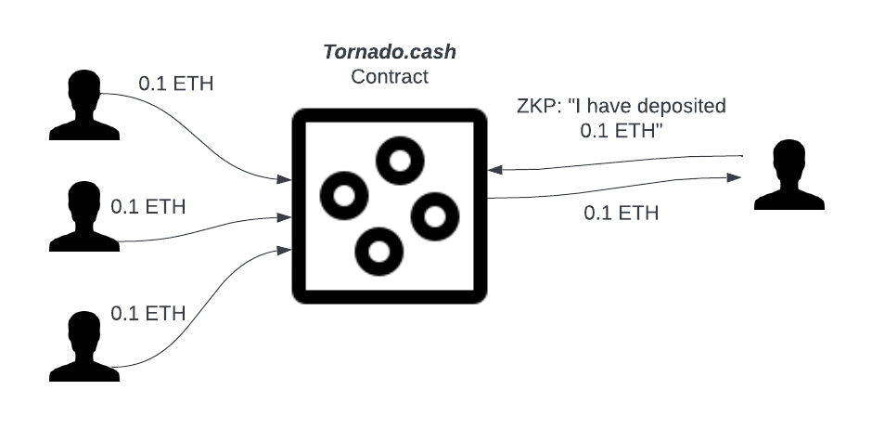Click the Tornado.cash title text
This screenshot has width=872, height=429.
tap(390, 52)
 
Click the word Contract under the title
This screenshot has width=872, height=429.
tap(390, 76)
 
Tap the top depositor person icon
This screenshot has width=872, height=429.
tap(84, 105)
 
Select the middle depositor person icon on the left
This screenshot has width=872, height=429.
tap(84, 215)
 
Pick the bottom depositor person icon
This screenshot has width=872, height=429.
tap(84, 346)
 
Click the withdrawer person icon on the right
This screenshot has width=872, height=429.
tap(789, 175)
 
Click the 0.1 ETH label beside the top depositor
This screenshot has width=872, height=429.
tap(175, 84)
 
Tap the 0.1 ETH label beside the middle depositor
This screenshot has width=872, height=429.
tap(147, 206)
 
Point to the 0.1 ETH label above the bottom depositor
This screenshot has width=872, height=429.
tap(147, 313)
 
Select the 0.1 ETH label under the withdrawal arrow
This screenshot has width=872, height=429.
tap(622, 213)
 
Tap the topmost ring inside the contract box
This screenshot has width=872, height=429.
tap(400, 161)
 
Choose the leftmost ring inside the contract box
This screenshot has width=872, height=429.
tap(344, 196)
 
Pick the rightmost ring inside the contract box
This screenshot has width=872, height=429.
tap(435, 216)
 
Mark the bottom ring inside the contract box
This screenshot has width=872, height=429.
tap(379, 252)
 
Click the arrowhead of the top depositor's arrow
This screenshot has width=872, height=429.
tap(284, 179)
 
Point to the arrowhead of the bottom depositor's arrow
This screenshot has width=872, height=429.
tap(284, 251)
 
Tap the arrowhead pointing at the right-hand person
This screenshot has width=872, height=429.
tap(734, 177)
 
